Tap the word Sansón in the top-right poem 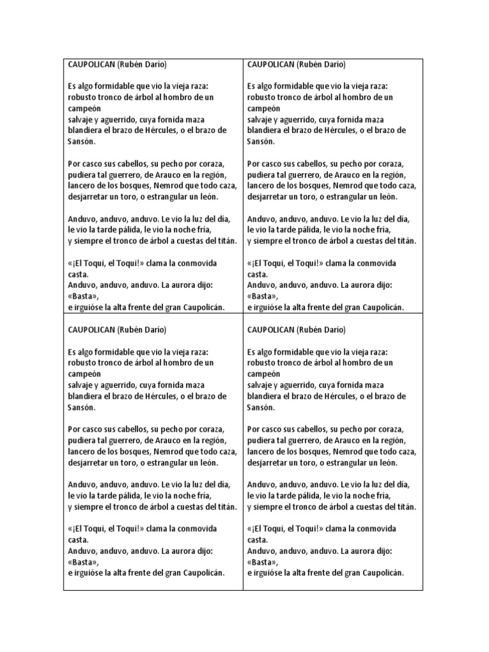(261, 141)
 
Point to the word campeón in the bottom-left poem (85, 374)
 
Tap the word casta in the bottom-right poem (257, 539)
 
